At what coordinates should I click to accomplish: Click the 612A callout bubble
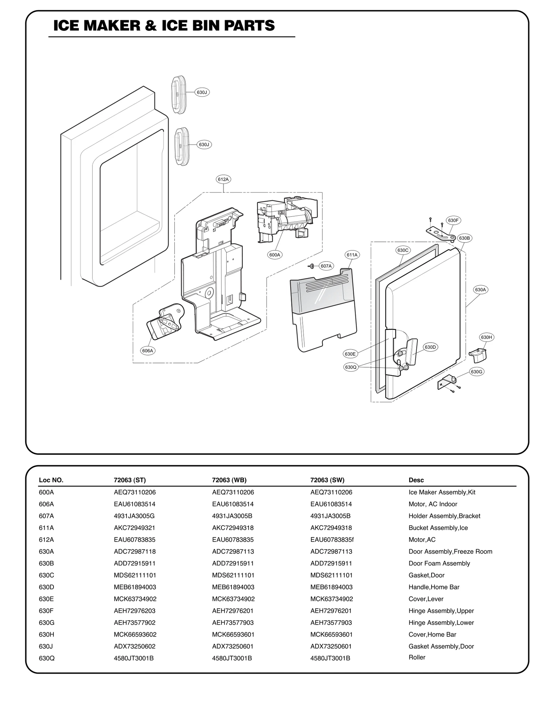[x=223, y=179]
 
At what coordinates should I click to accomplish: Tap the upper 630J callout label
[x=202, y=92]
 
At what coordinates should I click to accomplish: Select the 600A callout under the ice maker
[x=275, y=255]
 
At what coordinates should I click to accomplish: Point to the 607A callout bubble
[x=326, y=266]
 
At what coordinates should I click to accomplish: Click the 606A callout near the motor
[x=147, y=351]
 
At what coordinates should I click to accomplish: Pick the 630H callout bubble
[x=486, y=337]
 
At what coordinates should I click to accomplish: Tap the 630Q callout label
[x=351, y=367]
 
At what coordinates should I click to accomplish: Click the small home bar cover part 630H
[x=477, y=355]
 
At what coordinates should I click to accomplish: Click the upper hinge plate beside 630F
[x=440, y=233]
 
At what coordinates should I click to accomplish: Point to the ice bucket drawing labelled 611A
[x=323, y=309]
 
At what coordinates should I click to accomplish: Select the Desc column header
[x=416, y=480]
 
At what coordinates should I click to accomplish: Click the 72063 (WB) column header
[x=229, y=480]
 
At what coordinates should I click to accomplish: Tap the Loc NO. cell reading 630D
[x=46, y=587]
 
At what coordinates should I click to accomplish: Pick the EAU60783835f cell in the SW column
[x=332, y=540]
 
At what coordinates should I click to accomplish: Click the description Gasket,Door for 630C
[x=426, y=575]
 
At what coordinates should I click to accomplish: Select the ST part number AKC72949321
[x=134, y=528]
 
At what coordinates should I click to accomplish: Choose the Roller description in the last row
[x=417, y=657]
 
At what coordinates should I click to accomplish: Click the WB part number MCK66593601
[x=233, y=634]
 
